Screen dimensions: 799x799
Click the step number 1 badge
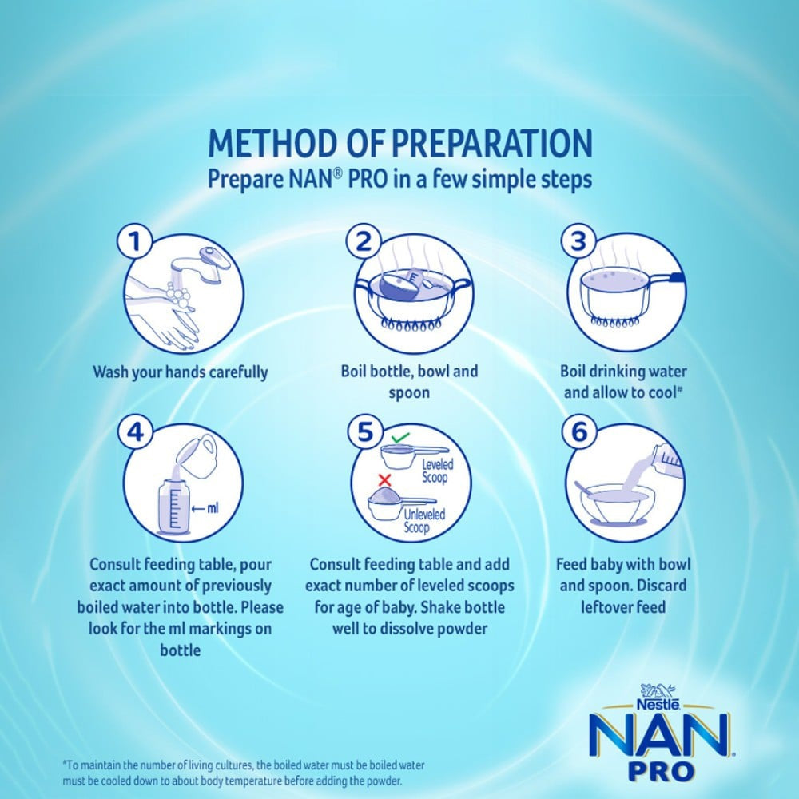click(x=134, y=241)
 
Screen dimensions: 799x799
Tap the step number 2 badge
click(x=364, y=241)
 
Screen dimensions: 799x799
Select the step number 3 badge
click(x=578, y=241)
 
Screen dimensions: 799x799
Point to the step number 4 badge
click(x=134, y=432)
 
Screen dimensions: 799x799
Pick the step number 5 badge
click(x=365, y=432)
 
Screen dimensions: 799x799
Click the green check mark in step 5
click(x=400, y=437)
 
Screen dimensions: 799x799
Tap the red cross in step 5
click(x=385, y=479)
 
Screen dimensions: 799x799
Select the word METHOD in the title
click(x=273, y=143)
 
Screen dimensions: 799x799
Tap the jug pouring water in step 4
click(x=197, y=456)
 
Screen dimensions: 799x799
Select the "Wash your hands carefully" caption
click(x=181, y=372)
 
